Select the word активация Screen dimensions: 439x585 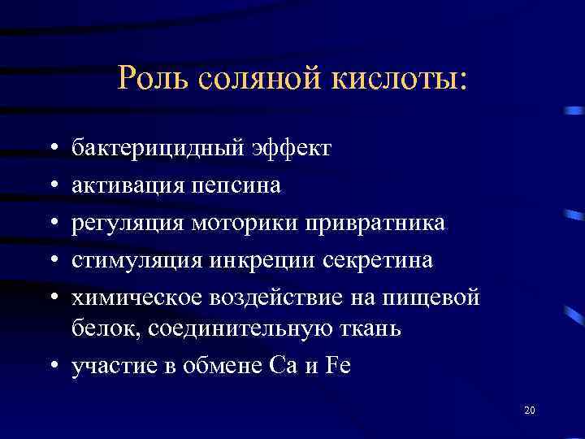click(x=128, y=186)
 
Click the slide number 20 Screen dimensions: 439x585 click(x=530, y=412)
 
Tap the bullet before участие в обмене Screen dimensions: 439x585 click(x=53, y=367)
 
